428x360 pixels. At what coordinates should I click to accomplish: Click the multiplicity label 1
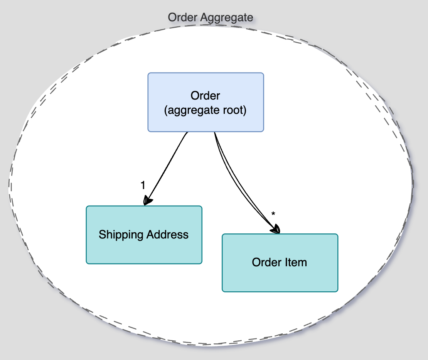143,186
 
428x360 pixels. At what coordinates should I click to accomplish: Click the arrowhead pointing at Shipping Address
147,201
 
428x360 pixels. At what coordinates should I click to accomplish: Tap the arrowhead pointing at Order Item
276,229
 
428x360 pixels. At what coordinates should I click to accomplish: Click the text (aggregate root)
205,110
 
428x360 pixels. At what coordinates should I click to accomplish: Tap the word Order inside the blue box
205,95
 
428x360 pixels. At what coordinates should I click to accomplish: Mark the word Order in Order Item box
265,262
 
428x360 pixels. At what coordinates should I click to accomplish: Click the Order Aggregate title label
211,17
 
